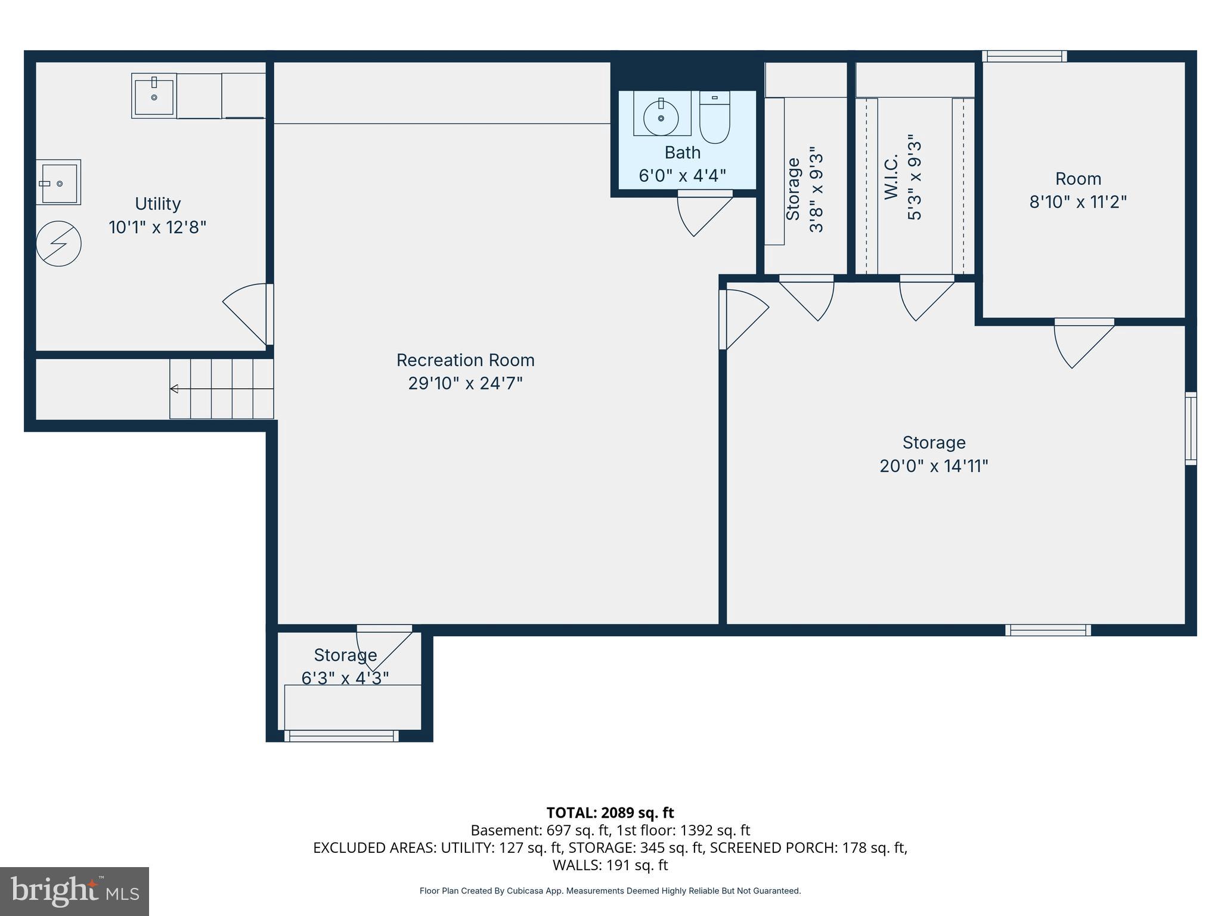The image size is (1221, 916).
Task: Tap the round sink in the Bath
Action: tap(661, 118)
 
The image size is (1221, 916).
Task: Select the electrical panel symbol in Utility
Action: tap(58, 244)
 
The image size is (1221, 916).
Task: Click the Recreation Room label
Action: tap(465, 360)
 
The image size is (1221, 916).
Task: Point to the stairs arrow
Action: tap(174, 389)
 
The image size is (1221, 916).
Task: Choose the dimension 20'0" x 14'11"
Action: tap(934, 466)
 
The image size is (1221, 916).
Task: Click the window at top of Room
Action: tap(1024, 56)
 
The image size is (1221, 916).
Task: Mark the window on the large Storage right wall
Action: tap(1190, 428)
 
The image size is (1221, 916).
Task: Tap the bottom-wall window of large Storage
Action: tap(1048, 630)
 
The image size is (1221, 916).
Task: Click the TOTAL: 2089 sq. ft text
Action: tap(610, 813)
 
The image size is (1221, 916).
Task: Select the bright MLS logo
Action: tap(75, 891)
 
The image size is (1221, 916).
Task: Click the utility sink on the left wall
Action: tap(58, 182)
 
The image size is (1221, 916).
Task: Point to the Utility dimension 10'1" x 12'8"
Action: tap(157, 227)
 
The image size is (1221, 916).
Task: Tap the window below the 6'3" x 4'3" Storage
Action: tap(341, 736)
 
